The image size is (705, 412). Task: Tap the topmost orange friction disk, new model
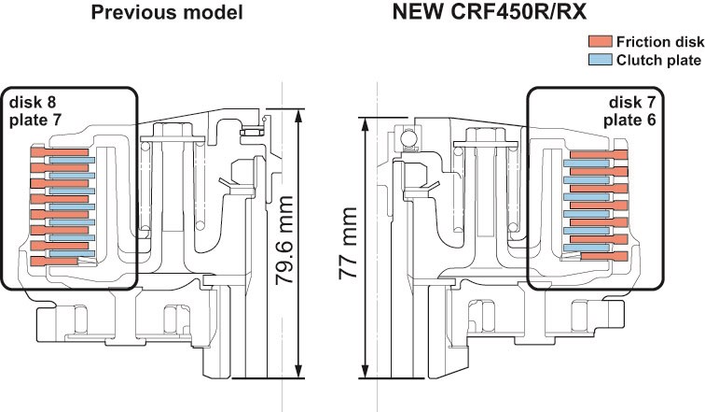coord(602,155)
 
